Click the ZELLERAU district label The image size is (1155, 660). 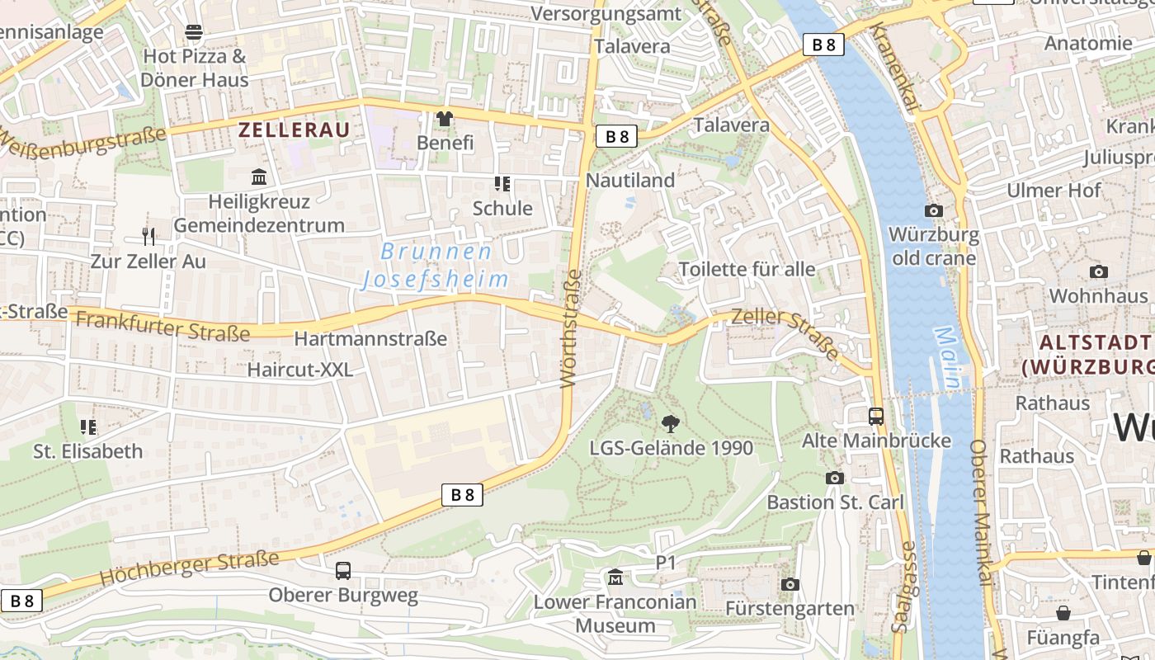click(x=294, y=130)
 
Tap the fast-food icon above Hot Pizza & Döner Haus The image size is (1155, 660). click(x=194, y=32)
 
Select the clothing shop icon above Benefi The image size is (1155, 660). click(x=445, y=119)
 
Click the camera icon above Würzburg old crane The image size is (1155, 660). click(x=934, y=211)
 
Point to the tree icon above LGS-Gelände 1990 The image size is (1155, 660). click(x=671, y=424)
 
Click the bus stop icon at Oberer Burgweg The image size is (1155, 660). click(x=342, y=571)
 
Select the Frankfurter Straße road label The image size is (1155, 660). click(x=163, y=327)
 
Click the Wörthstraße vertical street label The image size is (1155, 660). click(x=571, y=328)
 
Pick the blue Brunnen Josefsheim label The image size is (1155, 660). click(x=436, y=266)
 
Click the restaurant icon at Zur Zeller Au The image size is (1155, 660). click(x=148, y=237)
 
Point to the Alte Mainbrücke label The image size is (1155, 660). click(x=876, y=441)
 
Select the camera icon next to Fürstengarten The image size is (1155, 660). click(x=790, y=585)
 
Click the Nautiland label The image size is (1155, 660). click(x=630, y=180)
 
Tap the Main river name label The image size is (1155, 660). click(x=949, y=357)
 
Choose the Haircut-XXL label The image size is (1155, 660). click(x=300, y=370)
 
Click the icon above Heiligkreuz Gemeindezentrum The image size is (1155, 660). click(x=259, y=177)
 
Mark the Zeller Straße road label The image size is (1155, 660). click(x=785, y=332)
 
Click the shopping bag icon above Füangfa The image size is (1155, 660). click(x=1063, y=613)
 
